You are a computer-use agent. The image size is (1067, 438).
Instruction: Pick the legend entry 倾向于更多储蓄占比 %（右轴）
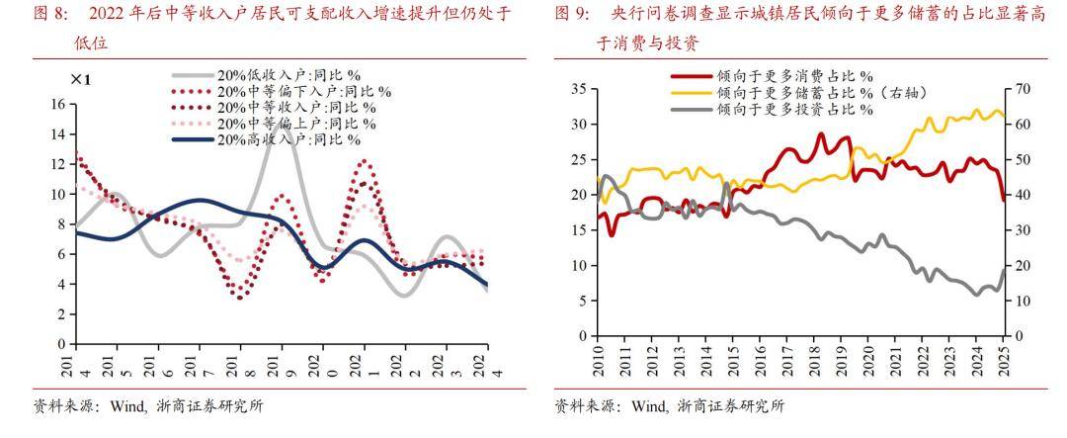(x=819, y=92)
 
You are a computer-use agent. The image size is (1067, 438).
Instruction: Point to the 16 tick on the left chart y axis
(x=56, y=104)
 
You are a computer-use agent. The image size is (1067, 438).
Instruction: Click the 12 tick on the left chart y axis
(x=56, y=164)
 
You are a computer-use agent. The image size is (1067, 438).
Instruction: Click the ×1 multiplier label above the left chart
(x=81, y=79)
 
